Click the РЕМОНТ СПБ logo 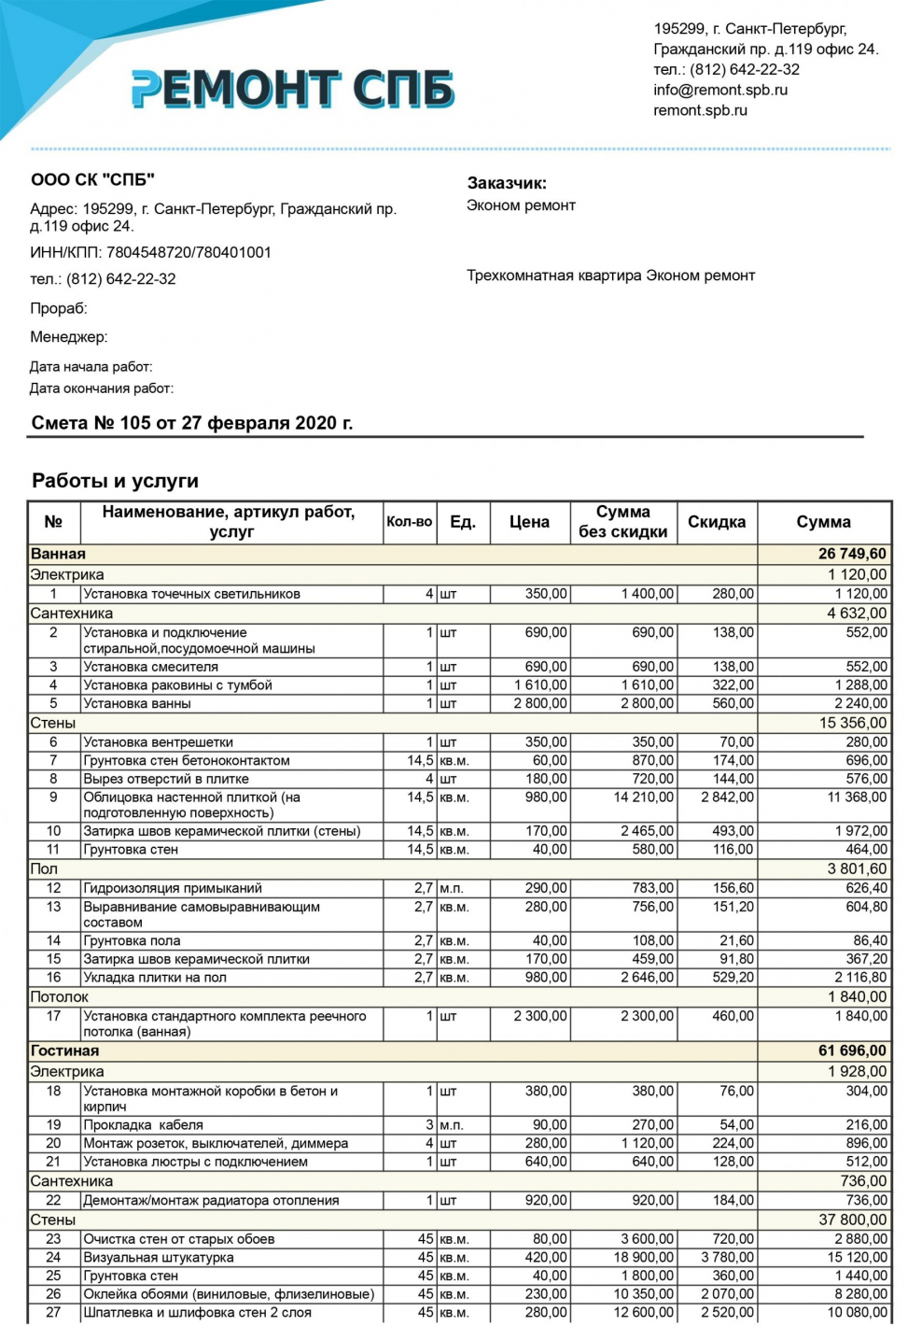292,89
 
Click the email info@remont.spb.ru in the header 719,90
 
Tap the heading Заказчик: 507,183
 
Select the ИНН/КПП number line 150,252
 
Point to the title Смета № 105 192,423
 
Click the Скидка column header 716,522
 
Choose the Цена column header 528,522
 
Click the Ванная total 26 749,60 851,554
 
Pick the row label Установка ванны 137,703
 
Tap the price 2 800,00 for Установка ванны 539,703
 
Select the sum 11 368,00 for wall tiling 857,797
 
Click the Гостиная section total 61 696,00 851,1051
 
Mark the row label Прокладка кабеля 143,1125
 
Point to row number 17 53,1016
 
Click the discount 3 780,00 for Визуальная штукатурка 727,1257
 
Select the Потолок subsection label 59,997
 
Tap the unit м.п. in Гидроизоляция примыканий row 451,888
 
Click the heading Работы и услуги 115,481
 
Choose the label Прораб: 58,308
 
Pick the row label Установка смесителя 150,667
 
